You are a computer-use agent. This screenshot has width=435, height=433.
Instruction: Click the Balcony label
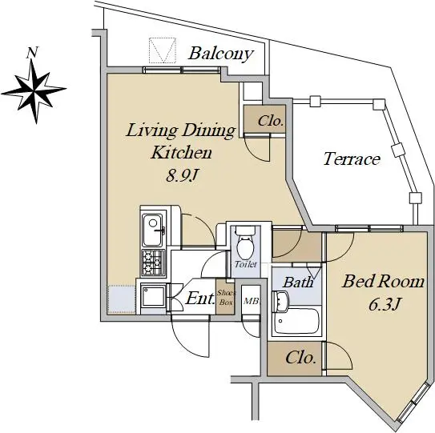221,54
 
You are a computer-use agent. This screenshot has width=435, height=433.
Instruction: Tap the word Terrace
352,159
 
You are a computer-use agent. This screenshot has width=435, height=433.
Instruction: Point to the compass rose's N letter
32,53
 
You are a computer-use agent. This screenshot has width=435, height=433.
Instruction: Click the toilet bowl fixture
245,243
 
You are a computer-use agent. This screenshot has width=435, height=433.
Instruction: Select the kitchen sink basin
152,230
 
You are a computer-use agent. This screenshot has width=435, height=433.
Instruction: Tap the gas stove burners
153,263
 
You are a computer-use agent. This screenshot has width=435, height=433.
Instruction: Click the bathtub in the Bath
297,321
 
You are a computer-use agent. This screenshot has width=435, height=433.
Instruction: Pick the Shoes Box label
226,297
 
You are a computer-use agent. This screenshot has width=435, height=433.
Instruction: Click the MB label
251,301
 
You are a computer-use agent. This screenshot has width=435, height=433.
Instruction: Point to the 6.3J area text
385,304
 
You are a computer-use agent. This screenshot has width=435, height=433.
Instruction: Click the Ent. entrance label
200,299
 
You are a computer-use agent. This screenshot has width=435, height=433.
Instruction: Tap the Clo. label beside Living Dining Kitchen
271,121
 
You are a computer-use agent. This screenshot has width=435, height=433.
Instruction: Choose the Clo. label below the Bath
300,358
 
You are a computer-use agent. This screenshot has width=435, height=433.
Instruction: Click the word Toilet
245,264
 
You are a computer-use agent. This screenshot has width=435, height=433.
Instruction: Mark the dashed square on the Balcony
163,50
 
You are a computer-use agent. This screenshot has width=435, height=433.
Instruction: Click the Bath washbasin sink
280,301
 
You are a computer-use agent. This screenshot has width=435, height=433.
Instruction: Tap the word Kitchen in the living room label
181,152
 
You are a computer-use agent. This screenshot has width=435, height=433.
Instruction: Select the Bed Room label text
383,281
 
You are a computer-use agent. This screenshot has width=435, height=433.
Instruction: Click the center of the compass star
34,90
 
